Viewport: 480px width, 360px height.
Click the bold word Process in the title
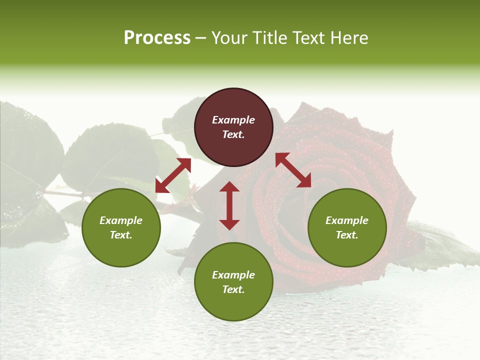pos(157,38)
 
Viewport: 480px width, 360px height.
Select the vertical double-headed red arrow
pos(229,205)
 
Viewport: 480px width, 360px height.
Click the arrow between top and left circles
pos(173,175)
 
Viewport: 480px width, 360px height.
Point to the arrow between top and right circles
pos(293,170)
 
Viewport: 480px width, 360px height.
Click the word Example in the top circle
pos(233,120)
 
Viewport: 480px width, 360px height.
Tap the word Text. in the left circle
pos(121,235)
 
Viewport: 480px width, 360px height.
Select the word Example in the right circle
pos(347,220)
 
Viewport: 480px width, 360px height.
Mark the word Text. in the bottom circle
pos(233,289)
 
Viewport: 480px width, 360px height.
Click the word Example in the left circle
pos(121,220)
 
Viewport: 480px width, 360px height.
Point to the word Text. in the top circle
pos(233,134)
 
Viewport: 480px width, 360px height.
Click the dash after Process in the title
pos(201,38)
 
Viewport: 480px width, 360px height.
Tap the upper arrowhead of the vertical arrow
pos(229,187)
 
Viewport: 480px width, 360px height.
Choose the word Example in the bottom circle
pos(233,275)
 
